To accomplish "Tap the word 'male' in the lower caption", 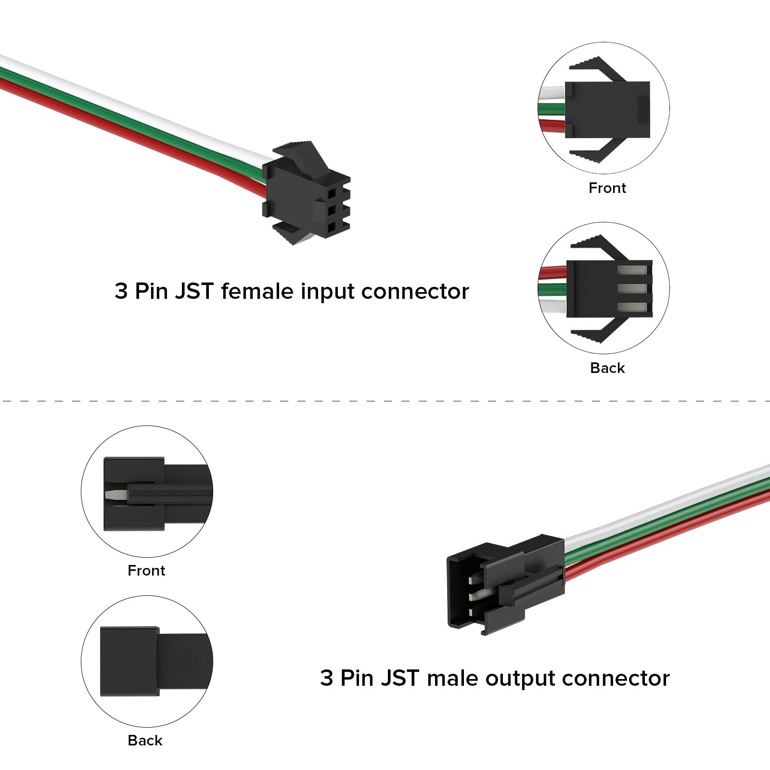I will (x=452, y=679).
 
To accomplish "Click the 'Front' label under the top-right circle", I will (x=607, y=188).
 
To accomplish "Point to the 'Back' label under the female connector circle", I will (x=607, y=368).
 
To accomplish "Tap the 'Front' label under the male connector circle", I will (x=146, y=571).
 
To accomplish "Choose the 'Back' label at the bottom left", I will (x=145, y=740).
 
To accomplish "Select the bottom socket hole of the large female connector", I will (x=332, y=228).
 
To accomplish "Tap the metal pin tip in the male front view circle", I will (x=114, y=495).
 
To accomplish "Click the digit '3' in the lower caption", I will (x=327, y=679).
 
